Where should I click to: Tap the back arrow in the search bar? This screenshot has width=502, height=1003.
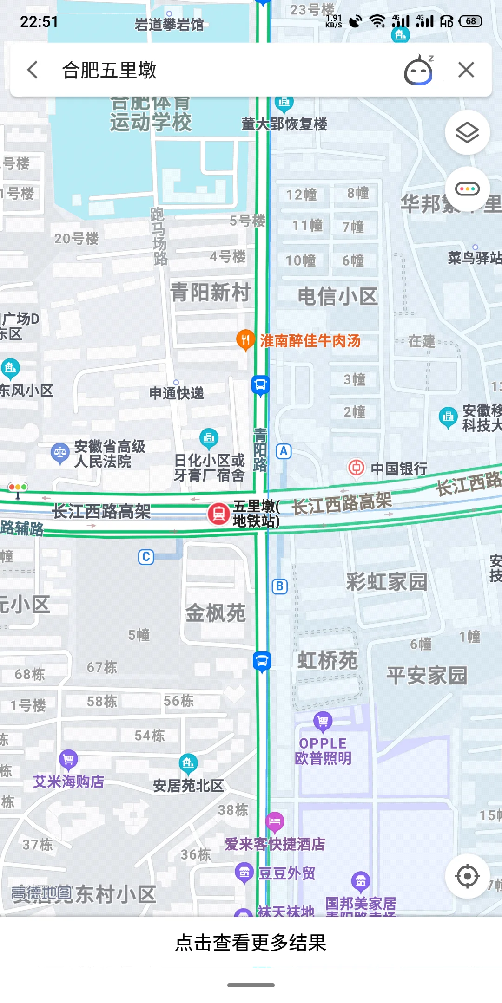click(33, 70)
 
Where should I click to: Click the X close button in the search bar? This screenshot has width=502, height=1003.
click(466, 70)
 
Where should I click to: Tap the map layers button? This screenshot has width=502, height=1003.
click(467, 133)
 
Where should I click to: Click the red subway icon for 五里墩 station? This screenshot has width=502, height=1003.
click(218, 514)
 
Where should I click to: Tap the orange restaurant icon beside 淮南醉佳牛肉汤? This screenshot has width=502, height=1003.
click(245, 340)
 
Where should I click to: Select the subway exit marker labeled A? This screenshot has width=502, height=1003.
click(284, 451)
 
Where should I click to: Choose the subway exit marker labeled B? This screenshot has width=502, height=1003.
click(279, 586)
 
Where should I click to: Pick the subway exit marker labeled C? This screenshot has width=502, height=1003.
click(146, 557)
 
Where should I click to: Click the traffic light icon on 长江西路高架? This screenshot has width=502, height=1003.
click(18, 488)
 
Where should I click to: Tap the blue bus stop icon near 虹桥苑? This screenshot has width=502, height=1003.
click(262, 660)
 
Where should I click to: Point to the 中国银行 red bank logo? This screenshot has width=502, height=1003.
click(357, 467)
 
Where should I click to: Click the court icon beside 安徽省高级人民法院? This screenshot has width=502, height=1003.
click(60, 452)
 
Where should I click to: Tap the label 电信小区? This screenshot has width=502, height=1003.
click(337, 296)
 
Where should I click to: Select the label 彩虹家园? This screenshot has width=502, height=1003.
click(387, 581)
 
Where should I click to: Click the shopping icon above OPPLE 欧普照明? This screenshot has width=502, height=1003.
click(323, 721)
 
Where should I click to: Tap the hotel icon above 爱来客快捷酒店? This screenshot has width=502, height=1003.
click(275, 821)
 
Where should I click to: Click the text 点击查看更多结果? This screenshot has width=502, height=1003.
click(251, 943)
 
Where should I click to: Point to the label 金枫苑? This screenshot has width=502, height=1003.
click(215, 613)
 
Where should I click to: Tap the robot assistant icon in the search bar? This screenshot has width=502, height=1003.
click(418, 71)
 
